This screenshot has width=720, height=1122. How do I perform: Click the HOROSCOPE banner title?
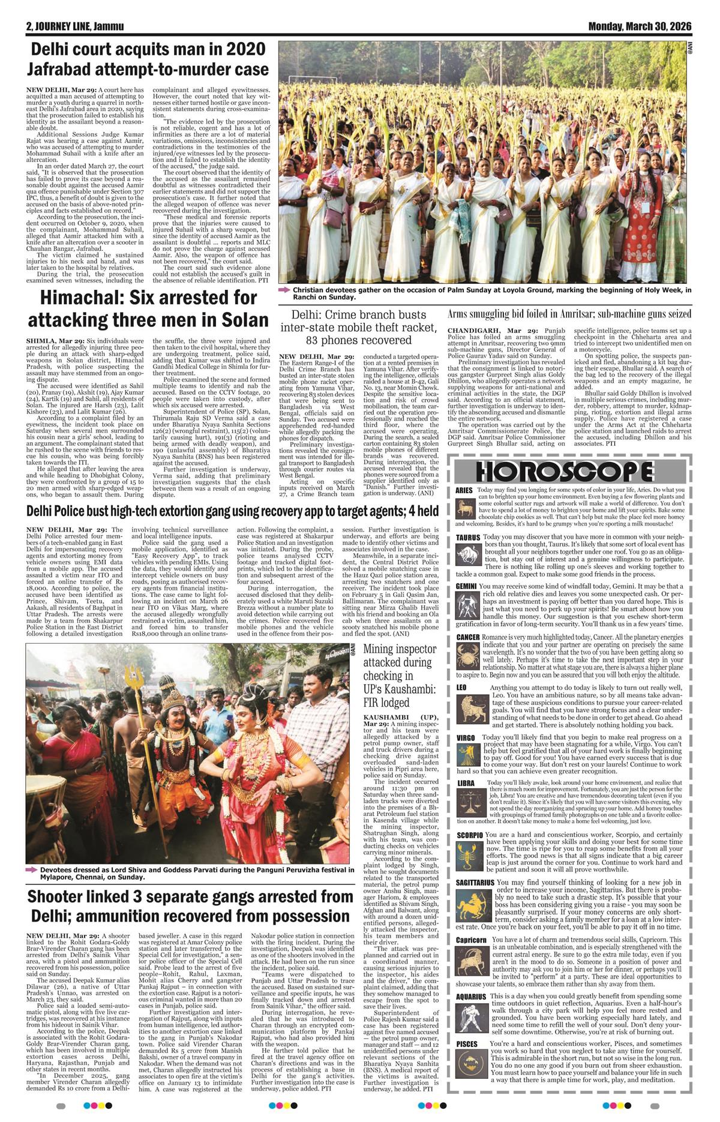coord(565,472)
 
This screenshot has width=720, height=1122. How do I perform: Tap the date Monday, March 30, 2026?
coord(640,26)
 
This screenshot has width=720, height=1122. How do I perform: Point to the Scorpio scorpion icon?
coord(469,857)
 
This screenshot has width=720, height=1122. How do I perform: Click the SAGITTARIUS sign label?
coord(475,883)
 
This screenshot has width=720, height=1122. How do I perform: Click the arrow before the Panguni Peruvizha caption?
coord(31,869)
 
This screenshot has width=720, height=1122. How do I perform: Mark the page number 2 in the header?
coord(29,27)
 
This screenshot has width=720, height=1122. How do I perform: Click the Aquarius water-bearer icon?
coord(471,1014)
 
